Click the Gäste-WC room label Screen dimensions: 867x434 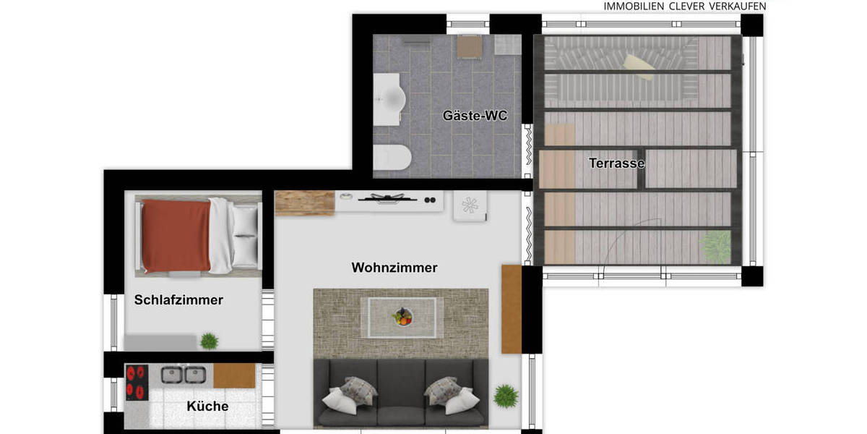point(475,116)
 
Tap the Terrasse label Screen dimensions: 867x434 point(616,163)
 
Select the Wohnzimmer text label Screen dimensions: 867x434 point(394,268)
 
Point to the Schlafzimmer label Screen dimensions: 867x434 point(179,299)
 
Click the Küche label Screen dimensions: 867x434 point(207,406)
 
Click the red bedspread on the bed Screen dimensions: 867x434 point(176,235)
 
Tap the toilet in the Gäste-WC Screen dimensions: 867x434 point(392,158)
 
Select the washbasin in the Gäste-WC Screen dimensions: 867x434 point(389,99)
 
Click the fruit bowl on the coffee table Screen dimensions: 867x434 point(402,317)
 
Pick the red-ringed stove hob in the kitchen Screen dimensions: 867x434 point(137,383)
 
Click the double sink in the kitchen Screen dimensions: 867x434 point(184,375)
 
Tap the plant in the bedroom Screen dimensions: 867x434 point(210,341)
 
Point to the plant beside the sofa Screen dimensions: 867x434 point(506,396)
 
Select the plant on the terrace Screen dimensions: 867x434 point(716,247)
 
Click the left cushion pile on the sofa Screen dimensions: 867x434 point(350,394)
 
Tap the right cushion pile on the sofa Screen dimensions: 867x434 point(452,394)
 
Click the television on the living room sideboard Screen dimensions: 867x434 point(387,199)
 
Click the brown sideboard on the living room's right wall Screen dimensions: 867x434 point(512,310)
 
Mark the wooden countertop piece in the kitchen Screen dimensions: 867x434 point(234,375)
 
